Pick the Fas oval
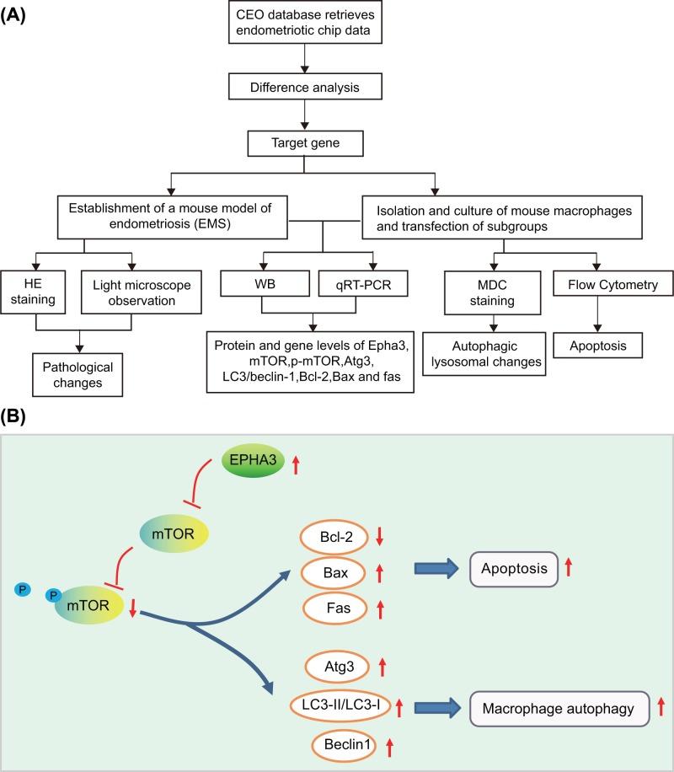337,606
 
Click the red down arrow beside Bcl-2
380,535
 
